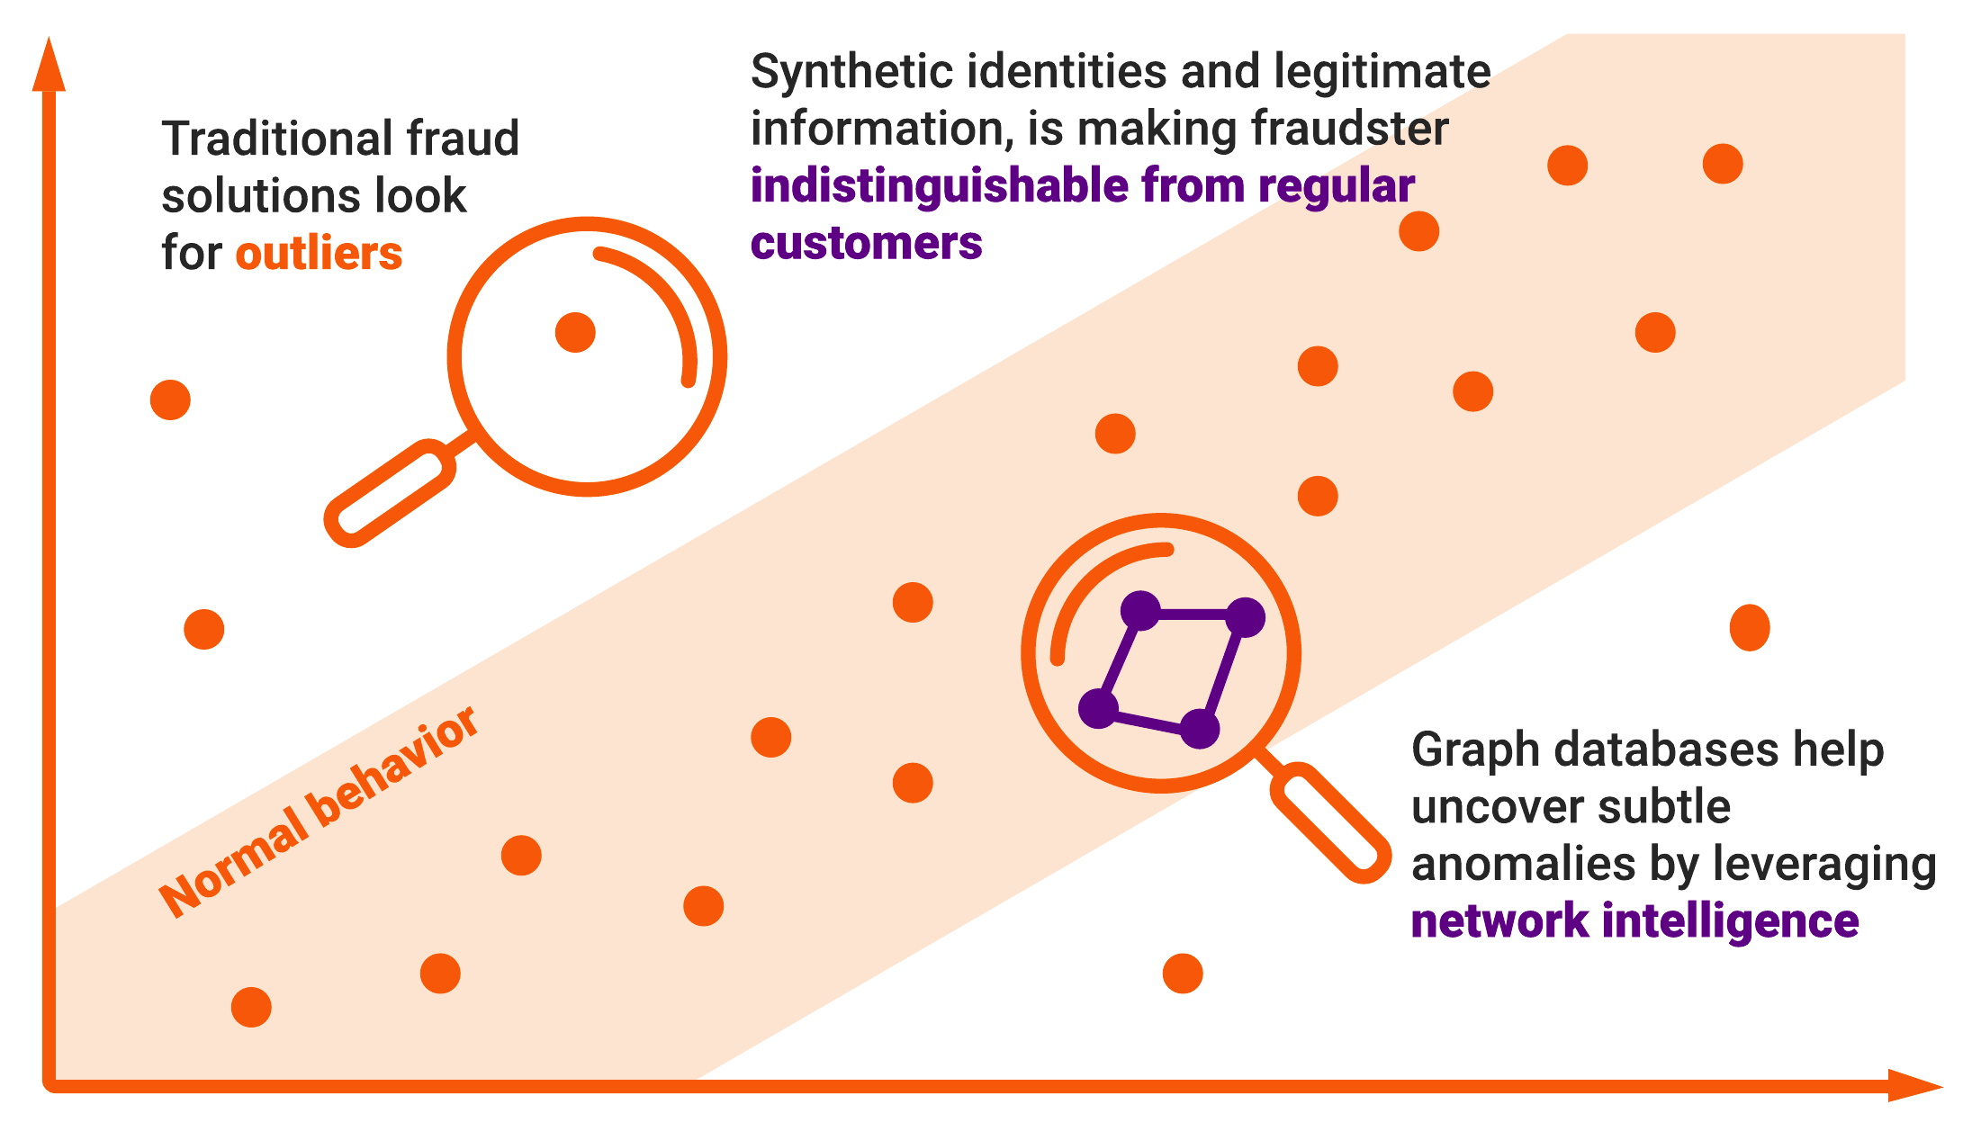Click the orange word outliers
[x=319, y=254]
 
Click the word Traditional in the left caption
[x=278, y=139]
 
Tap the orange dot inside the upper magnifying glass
[x=575, y=333]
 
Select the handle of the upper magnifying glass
[x=390, y=493]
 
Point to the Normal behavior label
[x=319, y=812]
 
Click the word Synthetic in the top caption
[x=851, y=72]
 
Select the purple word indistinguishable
[x=940, y=186]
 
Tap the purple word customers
[x=866, y=243]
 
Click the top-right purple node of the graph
[x=1245, y=617]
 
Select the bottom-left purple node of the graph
[x=1098, y=708]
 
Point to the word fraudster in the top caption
[x=1350, y=129]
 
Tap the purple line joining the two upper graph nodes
[x=1193, y=615]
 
